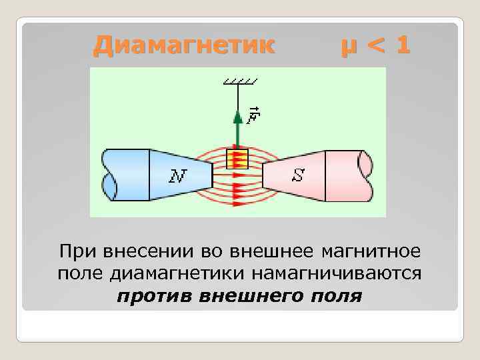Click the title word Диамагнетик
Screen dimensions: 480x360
point(183,45)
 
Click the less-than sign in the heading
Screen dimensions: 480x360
point(375,47)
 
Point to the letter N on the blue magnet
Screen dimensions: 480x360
point(177,176)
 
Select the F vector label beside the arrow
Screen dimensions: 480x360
point(252,115)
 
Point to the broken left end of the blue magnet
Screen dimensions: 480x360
point(111,175)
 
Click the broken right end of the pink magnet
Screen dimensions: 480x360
point(365,175)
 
